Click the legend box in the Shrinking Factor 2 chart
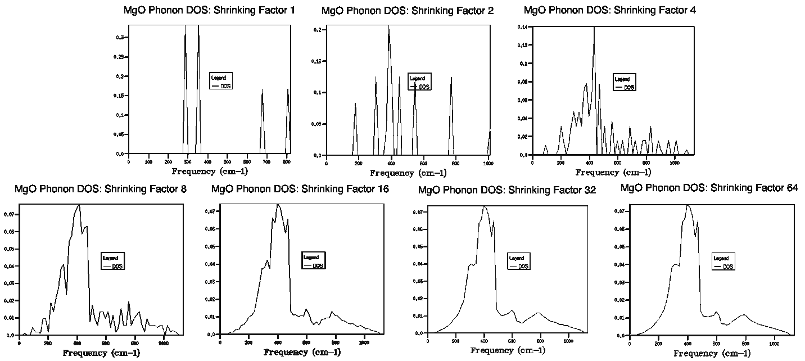point(420,82)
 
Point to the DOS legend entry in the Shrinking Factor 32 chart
point(523,266)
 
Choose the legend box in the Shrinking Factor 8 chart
point(113,261)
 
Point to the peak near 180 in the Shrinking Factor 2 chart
point(355,103)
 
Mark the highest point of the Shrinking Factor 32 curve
point(483,206)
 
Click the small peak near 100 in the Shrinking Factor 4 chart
point(545,146)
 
